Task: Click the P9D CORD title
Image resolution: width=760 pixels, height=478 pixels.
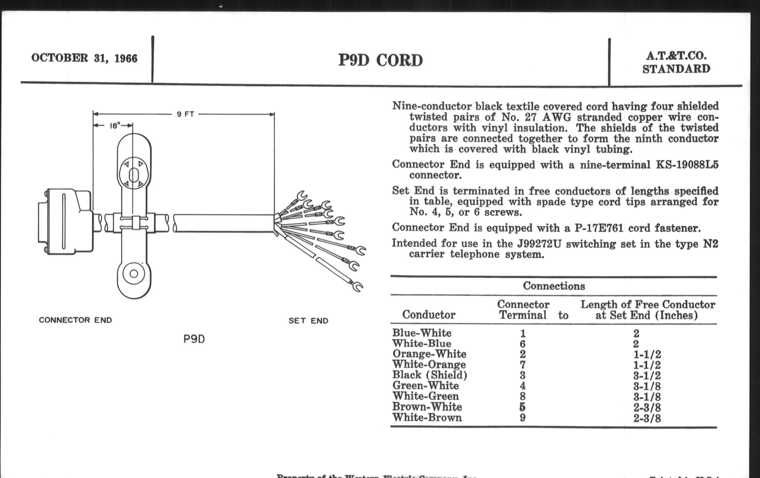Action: tap(380, 60)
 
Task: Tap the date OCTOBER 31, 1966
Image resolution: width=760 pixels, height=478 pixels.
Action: tap(84, 58)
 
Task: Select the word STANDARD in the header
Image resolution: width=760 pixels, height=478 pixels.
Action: tap(676, 69)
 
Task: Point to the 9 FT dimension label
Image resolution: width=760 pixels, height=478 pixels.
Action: tap(185, 114)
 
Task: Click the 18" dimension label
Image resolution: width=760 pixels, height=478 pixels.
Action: tap(115, 126)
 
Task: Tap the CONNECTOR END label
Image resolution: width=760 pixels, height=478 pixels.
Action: tap(75, 320)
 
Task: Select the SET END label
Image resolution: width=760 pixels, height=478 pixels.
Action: tap(308, 321)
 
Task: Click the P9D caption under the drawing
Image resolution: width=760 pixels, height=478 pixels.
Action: tap(194, 339)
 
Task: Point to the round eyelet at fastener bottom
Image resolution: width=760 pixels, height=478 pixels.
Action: tap(134, 274)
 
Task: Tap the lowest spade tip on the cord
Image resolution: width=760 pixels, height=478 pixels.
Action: tap(357, 286)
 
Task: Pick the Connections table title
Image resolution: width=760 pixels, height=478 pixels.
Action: tap(553, 286)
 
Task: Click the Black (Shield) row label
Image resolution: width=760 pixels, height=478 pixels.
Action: tap(430, 375)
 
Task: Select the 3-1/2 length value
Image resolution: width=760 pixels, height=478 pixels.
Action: tap(647, 376)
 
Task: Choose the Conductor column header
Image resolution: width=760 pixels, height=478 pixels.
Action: tap(429, 315)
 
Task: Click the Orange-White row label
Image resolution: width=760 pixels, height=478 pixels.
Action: tap(429, 354)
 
